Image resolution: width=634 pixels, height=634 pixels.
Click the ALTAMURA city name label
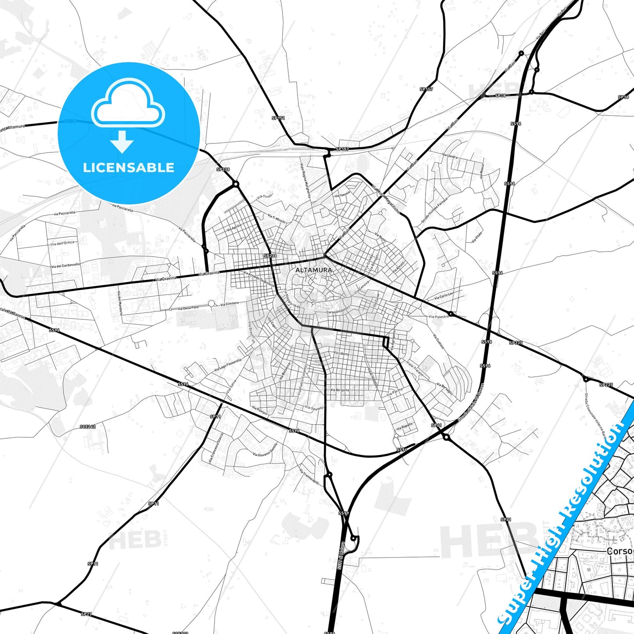coord(313,270)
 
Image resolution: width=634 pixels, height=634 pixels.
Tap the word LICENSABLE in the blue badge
coord(129,167)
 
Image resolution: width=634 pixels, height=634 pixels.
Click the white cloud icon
coord(128,104)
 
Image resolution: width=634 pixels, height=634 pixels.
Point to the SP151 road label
coord(278,118)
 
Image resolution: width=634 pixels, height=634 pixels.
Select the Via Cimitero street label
coord(229,304)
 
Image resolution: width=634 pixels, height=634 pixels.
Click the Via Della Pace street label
coord(188,308)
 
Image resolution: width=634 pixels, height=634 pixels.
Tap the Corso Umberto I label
coord(337,311)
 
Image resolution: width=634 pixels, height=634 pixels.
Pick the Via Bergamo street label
coord(340,390)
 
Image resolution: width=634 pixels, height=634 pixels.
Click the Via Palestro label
coord(439,316)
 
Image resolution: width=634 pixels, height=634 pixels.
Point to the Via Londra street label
coord(450,156)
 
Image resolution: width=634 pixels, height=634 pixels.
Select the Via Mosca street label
coord(481,171)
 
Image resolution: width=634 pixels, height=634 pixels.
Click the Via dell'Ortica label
coord(62,243)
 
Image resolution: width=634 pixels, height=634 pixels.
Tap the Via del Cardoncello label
coord(65,265)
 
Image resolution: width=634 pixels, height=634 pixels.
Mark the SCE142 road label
coord(88,426)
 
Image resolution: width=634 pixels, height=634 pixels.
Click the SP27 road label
coord(86,614)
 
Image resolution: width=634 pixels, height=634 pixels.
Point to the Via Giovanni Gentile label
coord(265,449)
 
